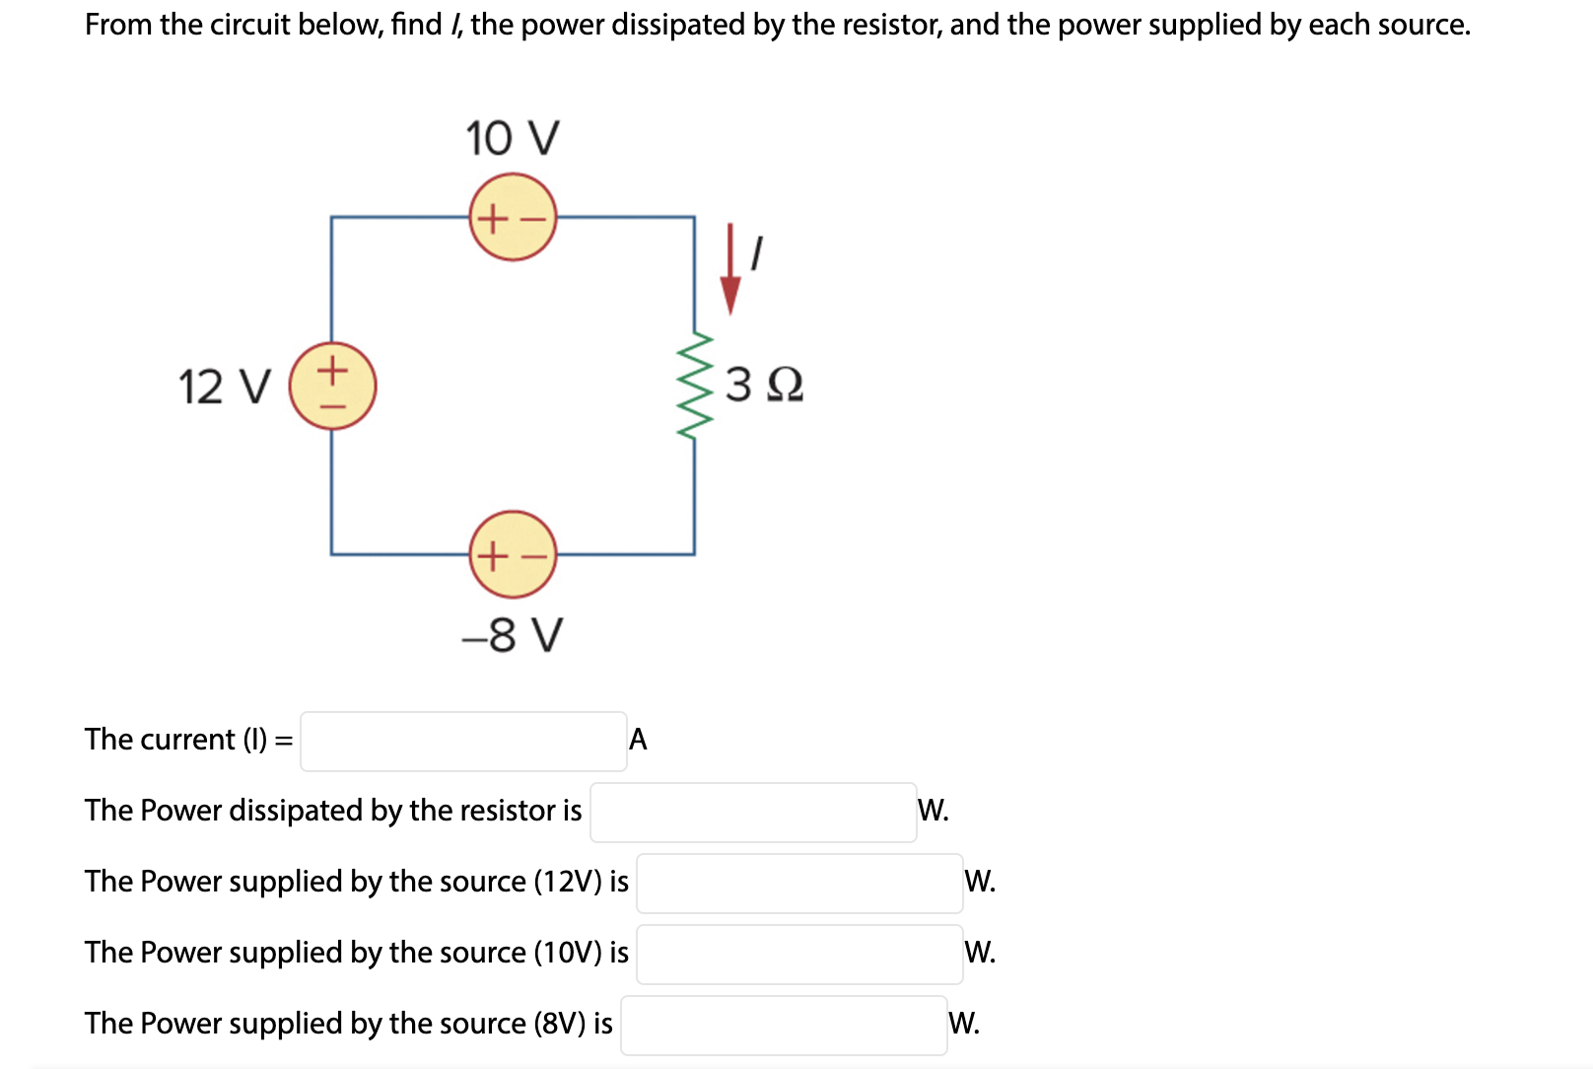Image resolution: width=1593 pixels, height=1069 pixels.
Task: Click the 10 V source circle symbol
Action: (x=513, y=217)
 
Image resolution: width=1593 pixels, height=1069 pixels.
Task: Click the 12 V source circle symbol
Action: (x=332, y=386)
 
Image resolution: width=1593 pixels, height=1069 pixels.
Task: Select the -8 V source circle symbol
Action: (x=513, y=554)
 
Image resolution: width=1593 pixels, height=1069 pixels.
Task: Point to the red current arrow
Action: (x=730, y=270)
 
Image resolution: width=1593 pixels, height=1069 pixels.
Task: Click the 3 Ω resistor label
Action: (x=764, y=385)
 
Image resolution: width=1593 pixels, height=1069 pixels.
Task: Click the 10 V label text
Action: (x=513, y=138)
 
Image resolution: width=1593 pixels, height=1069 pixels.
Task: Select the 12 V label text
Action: (x=225, y=387)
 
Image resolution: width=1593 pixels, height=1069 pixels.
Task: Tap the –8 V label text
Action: (x=513, y=635)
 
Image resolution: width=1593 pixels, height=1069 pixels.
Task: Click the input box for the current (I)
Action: (x=463, y=741)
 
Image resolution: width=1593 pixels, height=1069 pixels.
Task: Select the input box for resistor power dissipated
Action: (x=753, y=812)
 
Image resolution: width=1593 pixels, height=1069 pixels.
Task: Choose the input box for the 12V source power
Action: (x=799, y=883)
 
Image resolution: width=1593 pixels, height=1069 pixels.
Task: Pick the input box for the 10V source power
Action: (x=799, y=954)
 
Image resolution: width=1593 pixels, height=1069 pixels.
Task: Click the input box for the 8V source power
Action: (x=784, y=1025)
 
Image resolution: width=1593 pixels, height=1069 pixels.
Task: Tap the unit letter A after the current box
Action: (x=638, y=740)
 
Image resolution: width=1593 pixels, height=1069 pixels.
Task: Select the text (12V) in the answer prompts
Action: (x=567, y=882)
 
